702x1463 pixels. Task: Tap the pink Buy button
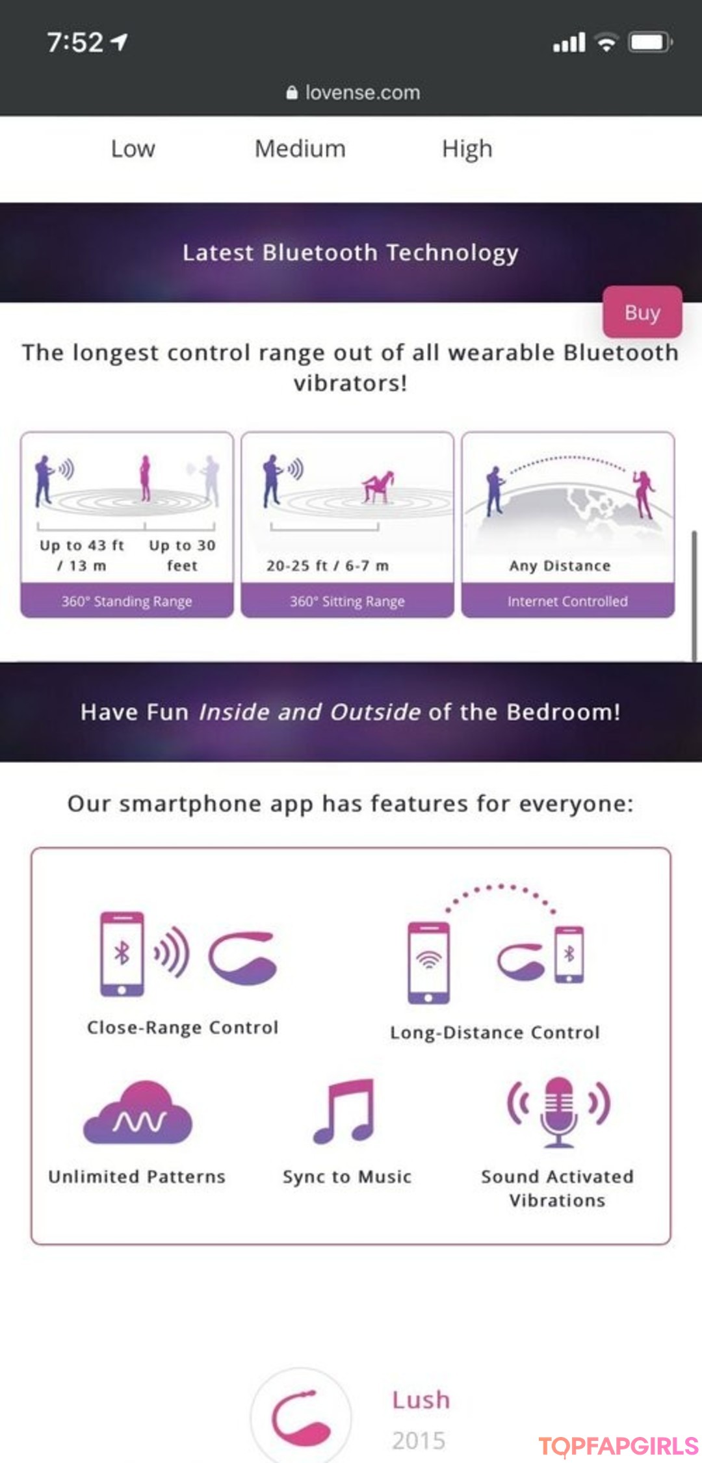tap(642, 312)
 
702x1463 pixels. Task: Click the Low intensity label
tap(133, 149)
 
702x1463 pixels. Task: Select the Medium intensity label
tap(300, 149)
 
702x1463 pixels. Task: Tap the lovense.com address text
tap(363, 92)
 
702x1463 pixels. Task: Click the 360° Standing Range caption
tap(127, 601)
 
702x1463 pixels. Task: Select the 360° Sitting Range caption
tap(347, 601)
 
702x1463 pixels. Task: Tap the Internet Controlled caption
tap(567, 601)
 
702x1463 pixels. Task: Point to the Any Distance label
tap(560, 565)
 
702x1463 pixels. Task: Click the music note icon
tap(344, 1111)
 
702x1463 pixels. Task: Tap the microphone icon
tap(558, 1111)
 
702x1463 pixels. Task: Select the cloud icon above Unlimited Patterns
tap(138, 1113)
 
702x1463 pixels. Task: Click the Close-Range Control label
tap(183, 1028)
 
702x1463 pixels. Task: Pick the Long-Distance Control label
tap(495, 1033)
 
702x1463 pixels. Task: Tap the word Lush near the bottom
tap(421, 1399)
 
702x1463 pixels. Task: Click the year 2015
tap(419, 1440)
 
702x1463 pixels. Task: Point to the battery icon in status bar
tap(649, 43)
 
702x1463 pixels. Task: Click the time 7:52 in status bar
tap(75, 43)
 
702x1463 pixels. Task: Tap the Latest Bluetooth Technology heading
tap(350, 253)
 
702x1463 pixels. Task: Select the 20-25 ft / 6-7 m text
tap(328, 565)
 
